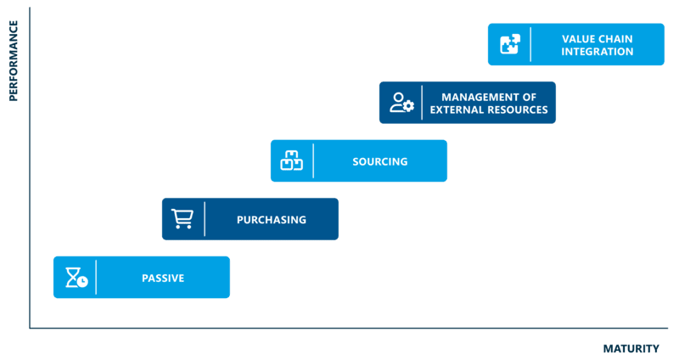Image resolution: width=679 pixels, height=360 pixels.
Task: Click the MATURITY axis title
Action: [631, 348]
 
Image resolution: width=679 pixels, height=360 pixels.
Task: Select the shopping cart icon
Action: [182, 219]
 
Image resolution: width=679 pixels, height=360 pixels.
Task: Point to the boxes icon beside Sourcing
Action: [291, 160]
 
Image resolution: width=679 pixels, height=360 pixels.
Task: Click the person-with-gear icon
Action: [401, 103]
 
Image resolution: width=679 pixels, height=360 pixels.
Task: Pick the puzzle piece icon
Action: [510, 44]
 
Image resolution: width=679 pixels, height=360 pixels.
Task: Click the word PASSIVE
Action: [163, 278]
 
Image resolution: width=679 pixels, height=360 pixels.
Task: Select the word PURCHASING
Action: [271, 220]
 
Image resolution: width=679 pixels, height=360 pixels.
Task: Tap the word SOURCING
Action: [379, 161]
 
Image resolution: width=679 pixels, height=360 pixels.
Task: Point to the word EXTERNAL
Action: [457, 110]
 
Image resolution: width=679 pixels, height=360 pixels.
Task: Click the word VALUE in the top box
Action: [579, 38]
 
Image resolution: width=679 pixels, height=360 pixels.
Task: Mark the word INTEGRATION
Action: [597, 51]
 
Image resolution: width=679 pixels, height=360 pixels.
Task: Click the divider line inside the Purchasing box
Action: [205, 219]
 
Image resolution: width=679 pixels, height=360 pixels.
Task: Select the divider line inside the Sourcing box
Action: [313, 160]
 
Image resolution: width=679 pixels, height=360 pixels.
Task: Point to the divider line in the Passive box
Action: [96, 278]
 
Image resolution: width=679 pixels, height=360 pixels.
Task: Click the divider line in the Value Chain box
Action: [530, 44]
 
